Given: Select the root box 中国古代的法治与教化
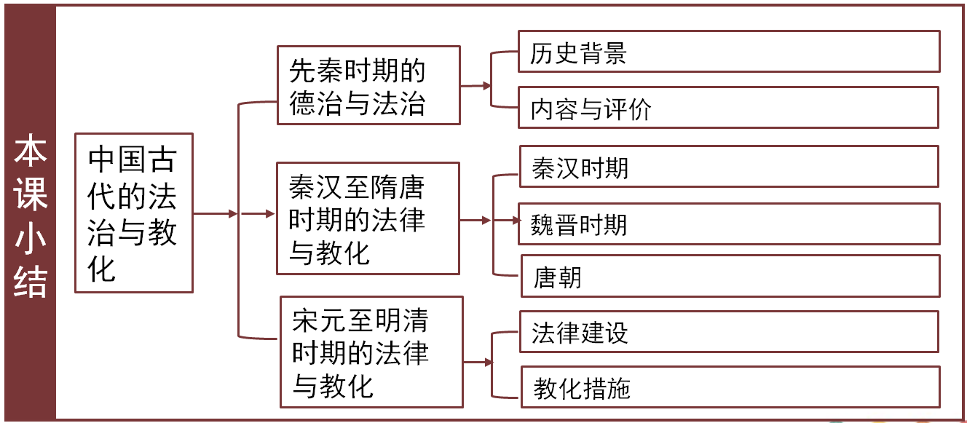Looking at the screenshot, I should [133, 213].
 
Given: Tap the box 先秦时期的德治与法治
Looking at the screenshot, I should [368, 86].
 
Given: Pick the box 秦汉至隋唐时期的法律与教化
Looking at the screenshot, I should [368, 218].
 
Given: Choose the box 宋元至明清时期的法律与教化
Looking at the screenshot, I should [371, 352].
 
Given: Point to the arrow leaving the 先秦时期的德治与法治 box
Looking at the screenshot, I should [476, 86].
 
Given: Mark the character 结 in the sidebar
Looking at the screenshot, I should [31, 281].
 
